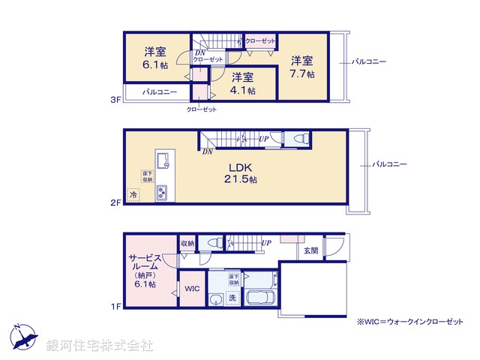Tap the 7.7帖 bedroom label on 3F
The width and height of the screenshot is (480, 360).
[302, 67]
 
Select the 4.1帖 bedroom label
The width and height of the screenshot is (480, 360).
[241, 83]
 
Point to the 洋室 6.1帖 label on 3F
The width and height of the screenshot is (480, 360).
[155, 58]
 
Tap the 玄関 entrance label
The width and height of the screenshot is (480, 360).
[310, 250]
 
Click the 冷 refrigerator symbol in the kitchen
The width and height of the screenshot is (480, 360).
[133, 195]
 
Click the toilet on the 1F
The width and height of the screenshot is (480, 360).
[213, 243]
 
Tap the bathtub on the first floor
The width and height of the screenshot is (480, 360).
[259, 298]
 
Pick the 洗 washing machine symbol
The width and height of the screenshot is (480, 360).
[232, 298]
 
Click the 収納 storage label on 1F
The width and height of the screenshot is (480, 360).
[187, 243]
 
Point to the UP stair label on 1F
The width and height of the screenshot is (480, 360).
[266, 243]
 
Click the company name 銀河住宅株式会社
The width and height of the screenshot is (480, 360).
[100, 346]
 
